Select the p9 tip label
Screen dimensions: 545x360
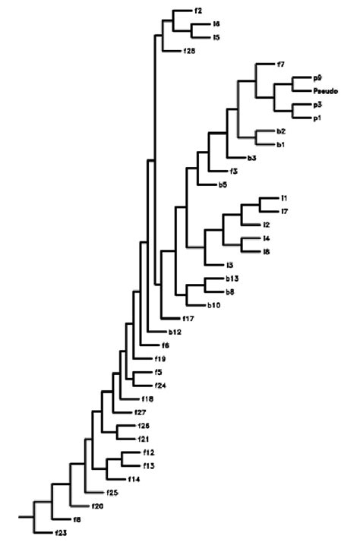(318, 77)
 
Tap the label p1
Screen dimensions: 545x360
(318, 118)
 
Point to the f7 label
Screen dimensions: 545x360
(281, 64)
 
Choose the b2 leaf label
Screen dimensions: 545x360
(281, 131)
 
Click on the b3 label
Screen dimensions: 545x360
(251, 158)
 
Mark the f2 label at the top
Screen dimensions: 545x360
(198, 11)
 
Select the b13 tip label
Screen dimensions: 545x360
(231, 279)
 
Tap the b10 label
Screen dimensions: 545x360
(214, 305)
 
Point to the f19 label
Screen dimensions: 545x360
(160, 358)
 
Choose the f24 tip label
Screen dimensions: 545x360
(160, 386)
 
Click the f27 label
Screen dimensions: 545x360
(141, 412)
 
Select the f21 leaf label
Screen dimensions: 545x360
(142, 439)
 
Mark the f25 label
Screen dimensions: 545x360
(112, 493)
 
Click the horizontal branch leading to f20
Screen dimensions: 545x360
(80, 506)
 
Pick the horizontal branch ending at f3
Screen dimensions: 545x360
(219, 172)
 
